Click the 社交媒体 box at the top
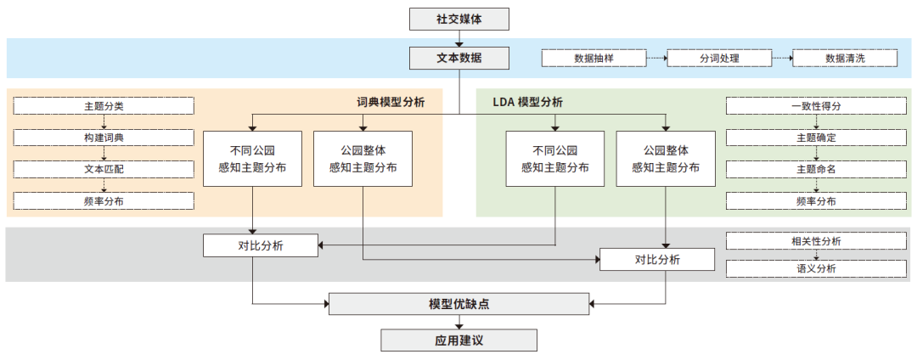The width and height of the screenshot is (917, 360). click(x=459, y=18)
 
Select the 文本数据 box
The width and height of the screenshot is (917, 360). click(x=459, y=58)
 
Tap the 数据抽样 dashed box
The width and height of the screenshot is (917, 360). click(x=594, y=59)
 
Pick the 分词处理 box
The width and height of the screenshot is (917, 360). click(x=719, y=59)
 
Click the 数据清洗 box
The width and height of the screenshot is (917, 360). click(x=845, y=59)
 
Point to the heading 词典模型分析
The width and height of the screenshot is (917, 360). click(x=391, y=102)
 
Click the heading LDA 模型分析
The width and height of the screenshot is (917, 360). click(x=527, y=102)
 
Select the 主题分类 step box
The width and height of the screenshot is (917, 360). click(x=104, y=106)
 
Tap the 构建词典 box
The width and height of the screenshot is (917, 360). click(x=104, y=138)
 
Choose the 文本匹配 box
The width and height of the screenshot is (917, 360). click(x=104, y=169)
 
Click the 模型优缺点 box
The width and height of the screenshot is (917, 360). click(x=458, y=304)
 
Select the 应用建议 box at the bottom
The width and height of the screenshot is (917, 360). click(x=458, y=340)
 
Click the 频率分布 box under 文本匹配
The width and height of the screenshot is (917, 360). click(x=104, y=201)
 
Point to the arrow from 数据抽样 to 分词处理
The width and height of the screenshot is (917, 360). click(x=656, y=59)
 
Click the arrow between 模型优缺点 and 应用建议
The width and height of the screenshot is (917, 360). click(x=458, y=322)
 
